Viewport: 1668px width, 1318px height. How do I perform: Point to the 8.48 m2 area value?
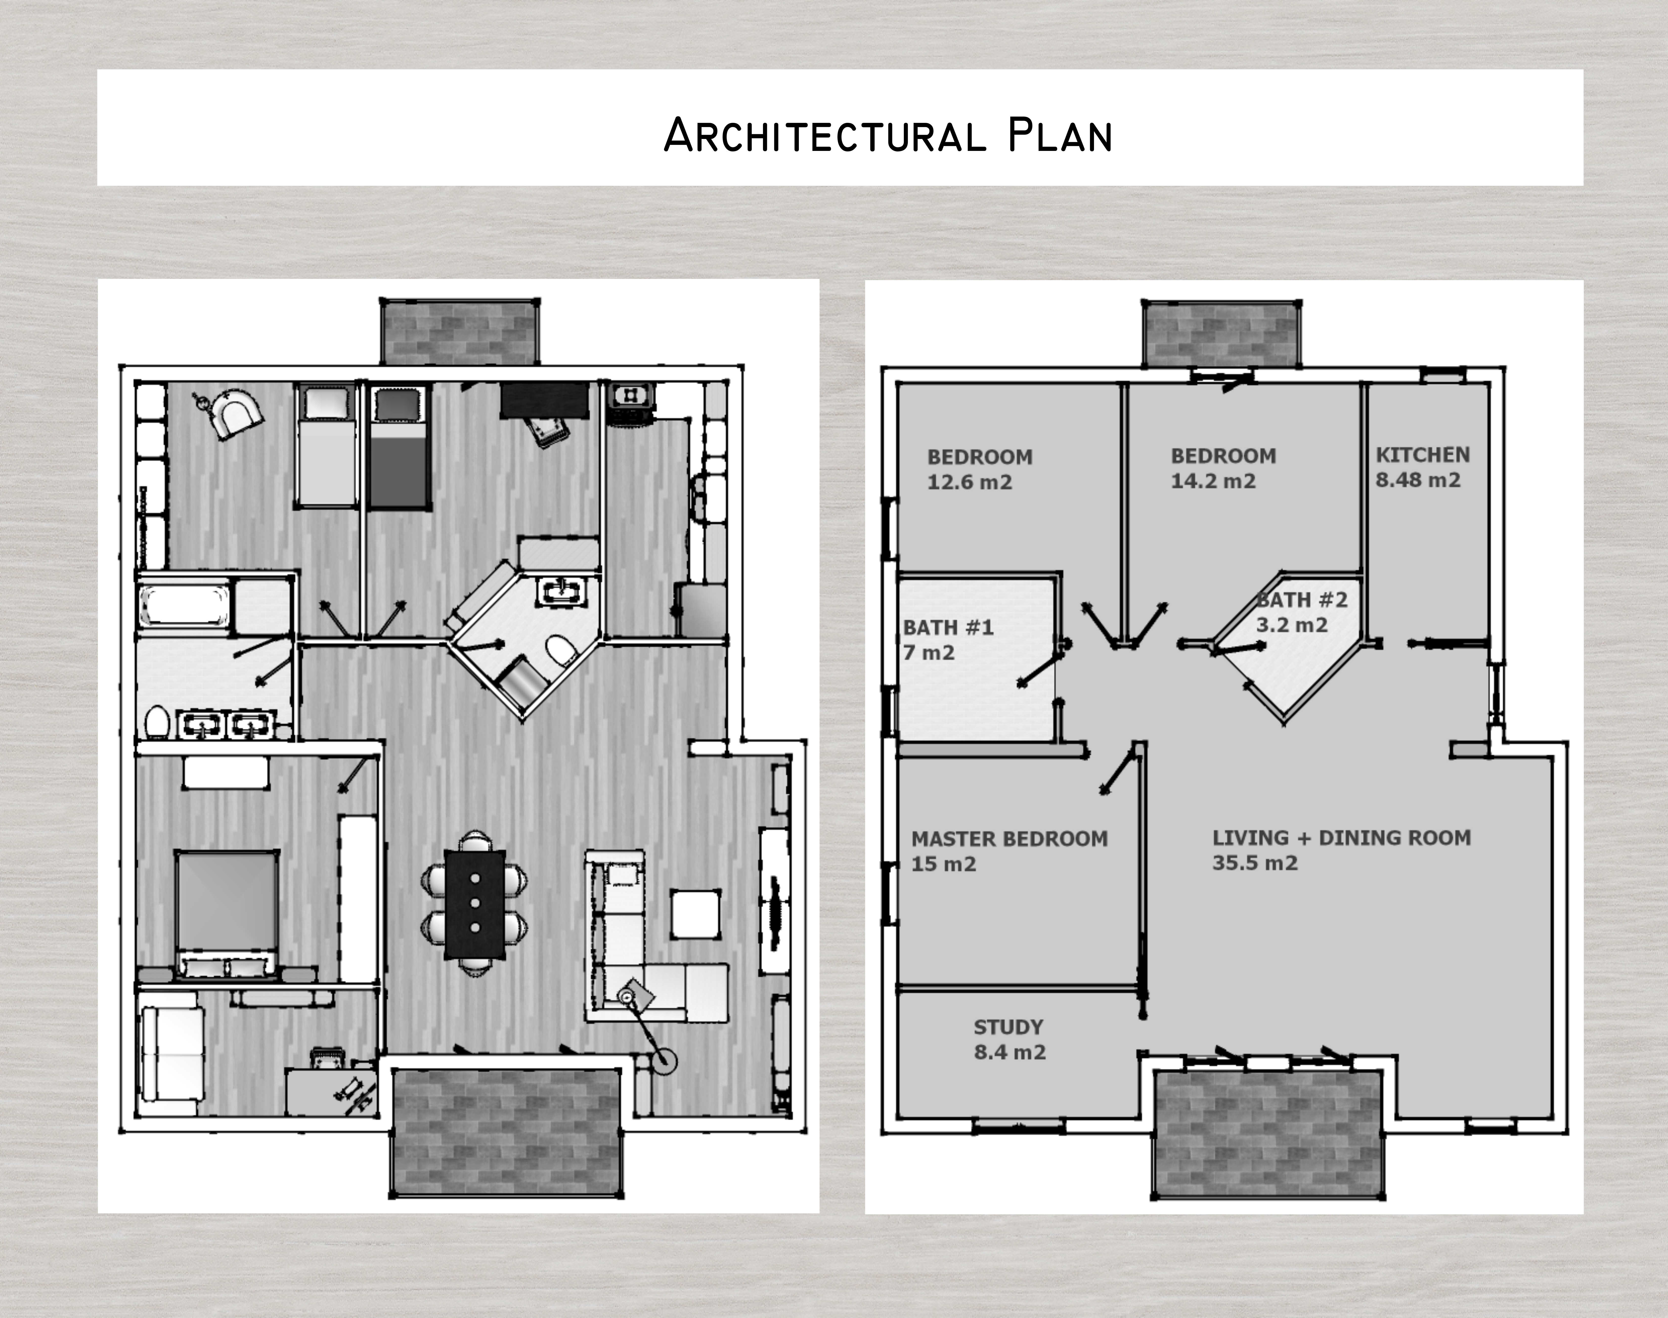[1418, 480]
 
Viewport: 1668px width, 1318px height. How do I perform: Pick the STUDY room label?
[1008, 1027]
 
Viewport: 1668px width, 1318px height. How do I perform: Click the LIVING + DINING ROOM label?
[1342, 837]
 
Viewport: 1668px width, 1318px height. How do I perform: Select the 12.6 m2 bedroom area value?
[970, 482]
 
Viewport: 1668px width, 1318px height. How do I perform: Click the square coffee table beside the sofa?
[696, 914]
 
